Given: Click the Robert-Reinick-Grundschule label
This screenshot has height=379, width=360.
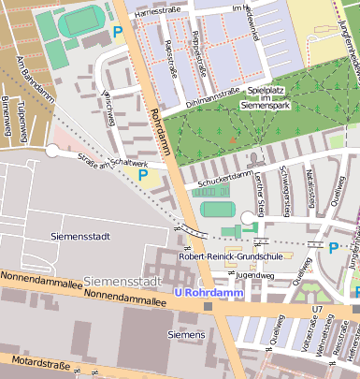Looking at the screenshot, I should pyautogui.click(x=231, y=254).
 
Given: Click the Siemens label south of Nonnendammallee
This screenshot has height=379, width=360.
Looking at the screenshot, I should pyautogui.click(x=185, y=333).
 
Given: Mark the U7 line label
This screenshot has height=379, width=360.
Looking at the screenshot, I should pyautogui.click(x=317, y=308).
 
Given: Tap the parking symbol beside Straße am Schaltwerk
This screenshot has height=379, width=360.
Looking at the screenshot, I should pyautogui.click(x=143, y=174).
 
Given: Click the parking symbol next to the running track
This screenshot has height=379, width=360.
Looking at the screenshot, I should pyautogui.click(x=118, y=33).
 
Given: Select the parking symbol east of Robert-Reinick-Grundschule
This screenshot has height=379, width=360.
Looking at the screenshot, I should pyautogui.click(x=333, y=247).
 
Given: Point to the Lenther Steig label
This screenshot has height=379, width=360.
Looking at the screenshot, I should pyautogui.click(x=263, y=193).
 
